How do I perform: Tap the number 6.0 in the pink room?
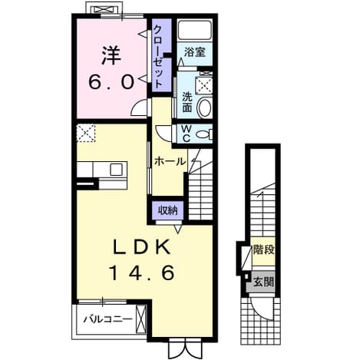[x=111, y=82]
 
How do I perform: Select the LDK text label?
[x=142, y=248]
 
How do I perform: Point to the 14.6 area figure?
[x=142, y=272]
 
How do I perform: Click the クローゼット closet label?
[x=158, y=57]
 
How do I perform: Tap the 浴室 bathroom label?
[x=195, y=52]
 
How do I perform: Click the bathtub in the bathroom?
[x=195, y=30]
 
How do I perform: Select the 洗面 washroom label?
[x=187, y=102]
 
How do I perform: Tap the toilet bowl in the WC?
[x=204, y=134]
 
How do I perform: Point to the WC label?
[x=187, y=134]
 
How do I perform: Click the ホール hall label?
[x=170, y=161]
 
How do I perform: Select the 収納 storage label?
[x=168, y=210]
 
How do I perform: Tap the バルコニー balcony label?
[x=108, y=319]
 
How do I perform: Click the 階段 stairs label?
[x=263, y=249]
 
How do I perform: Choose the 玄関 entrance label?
[x=263, y=282]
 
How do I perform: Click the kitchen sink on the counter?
[x=117, y=170]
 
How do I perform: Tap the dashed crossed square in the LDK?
[x=86, y=133]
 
